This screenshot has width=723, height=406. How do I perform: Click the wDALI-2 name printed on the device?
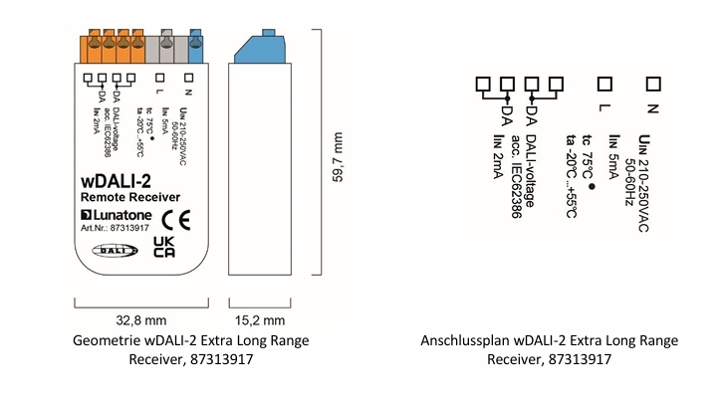click(x=118, y=182)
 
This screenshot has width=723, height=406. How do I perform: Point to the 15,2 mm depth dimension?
click(x=260, y=320)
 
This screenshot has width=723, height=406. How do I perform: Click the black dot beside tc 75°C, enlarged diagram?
click(x=592, y=184)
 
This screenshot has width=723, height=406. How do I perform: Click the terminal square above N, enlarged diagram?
click(x=653, y=84)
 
